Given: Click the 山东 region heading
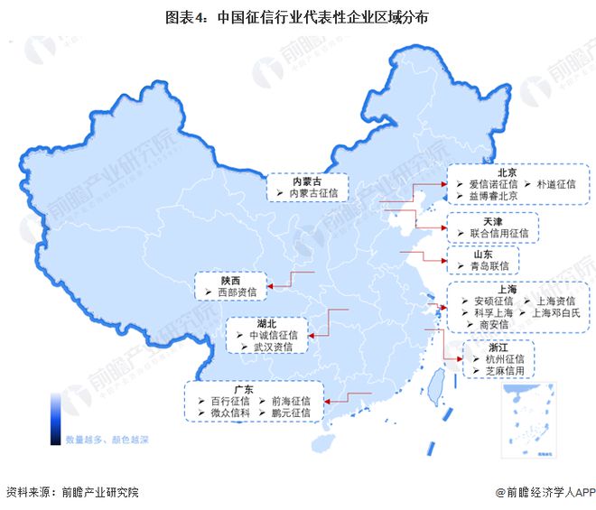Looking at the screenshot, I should click(x=481, y=254).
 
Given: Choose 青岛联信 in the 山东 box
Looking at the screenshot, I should click(x=490, y=266).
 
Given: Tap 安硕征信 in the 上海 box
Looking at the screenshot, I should click(x=493, y=301).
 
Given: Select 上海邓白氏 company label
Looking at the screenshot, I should click(x=562, y=312).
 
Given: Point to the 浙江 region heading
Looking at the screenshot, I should click(x=498, y=347).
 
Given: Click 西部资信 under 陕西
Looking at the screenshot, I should click(x=237, y=292).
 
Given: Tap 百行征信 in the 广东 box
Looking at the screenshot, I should click(x=228, y=401).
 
